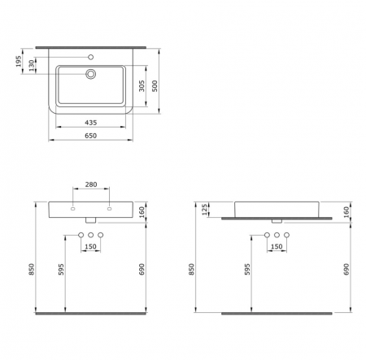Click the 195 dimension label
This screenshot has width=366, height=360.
[18, 62]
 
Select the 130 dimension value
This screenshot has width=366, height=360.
[32, 66]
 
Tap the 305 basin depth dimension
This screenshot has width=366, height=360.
[142, 86]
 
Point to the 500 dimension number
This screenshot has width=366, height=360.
[155, 86]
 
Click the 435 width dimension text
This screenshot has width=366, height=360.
[91, 123]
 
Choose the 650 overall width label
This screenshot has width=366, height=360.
[91, 136]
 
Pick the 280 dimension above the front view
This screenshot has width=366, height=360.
[91, 184]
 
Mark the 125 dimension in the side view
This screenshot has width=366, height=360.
[205, 210]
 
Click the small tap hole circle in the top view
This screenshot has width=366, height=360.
[91, 57]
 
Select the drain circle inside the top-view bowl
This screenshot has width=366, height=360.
[91, 74]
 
